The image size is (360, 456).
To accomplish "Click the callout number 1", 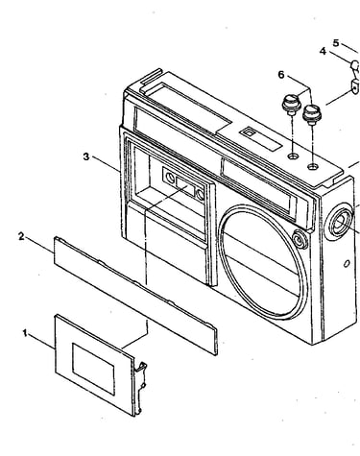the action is click(x=25, y=333).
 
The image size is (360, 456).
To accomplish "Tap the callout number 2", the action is click(x=21, y=237).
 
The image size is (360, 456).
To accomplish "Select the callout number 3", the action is click(x=86, y=156).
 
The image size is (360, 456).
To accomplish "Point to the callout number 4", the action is click(x=323, y=51).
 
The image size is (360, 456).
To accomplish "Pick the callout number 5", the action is click(x=336, y=42).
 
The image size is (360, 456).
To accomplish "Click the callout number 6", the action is click(x=281, y=75).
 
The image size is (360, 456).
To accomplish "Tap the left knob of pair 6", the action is click(x=290, y=105).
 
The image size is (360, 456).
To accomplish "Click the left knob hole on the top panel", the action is click(x=293, y=156).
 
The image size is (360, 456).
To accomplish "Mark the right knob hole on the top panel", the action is click(x=313, y=166).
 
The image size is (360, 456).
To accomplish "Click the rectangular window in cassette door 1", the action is click(x=93, y=369).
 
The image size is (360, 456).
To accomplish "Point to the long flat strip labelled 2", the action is click(x=135, y=296).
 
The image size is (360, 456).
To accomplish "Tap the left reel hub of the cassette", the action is click(x=171, y=177).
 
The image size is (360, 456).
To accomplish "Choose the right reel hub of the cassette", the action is click(x=201, y=194).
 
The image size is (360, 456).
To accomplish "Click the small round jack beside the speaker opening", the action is click(x=300, y=239).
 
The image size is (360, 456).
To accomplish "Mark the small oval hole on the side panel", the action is click(x=347, y=263).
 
